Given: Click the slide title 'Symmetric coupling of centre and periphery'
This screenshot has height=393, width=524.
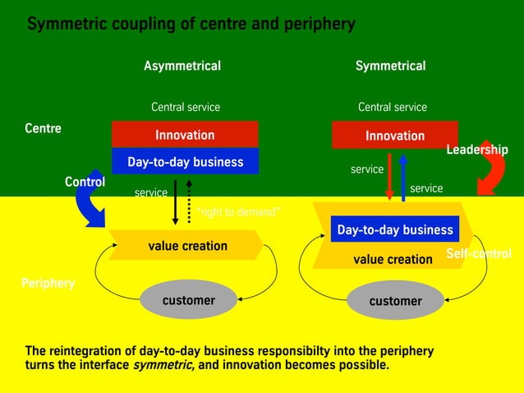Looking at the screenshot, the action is point(191,24).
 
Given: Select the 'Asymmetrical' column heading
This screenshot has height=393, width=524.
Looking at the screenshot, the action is point(182,66).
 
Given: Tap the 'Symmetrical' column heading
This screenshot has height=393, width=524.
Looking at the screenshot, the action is point(390,66).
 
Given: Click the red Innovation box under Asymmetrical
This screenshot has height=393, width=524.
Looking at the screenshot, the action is point(185,135).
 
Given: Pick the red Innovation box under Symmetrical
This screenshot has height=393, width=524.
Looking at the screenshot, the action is point(395,136).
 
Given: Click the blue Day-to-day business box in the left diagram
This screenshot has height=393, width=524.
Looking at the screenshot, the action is point(185,162).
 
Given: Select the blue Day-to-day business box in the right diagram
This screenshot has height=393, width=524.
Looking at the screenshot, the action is point(394,229).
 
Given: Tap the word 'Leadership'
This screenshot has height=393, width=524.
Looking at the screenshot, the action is point(477,150).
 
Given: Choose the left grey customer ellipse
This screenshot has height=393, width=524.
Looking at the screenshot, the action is point(188,300).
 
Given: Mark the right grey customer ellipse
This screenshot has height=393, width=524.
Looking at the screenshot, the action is point(395,301).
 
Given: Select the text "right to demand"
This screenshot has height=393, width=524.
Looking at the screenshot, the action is point(239,212).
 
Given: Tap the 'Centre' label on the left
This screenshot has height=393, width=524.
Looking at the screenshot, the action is point(43,128).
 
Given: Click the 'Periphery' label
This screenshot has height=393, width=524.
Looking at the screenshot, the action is point(48,283).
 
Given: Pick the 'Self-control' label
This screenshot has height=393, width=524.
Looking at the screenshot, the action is point(479,254).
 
